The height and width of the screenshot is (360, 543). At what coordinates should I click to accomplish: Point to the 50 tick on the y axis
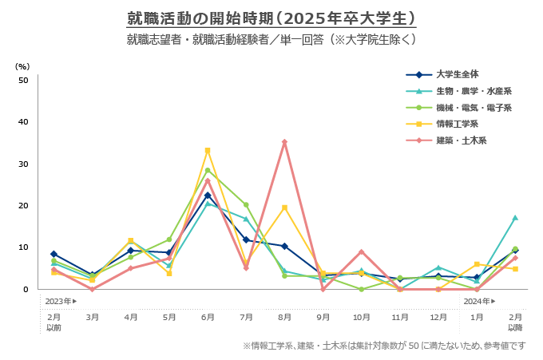tap(23, 80)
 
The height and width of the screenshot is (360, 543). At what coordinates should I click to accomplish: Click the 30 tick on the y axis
tap(23, 164)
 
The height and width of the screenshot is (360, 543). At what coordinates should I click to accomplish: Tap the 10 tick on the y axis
tap(23, 247)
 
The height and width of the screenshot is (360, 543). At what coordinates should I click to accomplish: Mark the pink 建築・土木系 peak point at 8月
tap(284, 142)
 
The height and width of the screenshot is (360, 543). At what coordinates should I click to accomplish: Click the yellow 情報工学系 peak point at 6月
tap(208, 150)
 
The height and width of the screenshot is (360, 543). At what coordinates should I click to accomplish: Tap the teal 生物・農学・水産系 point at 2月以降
tap(515, 217)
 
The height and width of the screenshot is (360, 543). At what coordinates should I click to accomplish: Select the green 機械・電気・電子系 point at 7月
tap(246, 205)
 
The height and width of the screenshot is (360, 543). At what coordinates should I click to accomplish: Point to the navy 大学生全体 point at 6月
tap(208, 196)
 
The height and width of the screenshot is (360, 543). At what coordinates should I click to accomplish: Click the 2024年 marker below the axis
tap(479, 302)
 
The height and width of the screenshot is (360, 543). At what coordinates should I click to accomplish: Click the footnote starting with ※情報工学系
tap(384, 346)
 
